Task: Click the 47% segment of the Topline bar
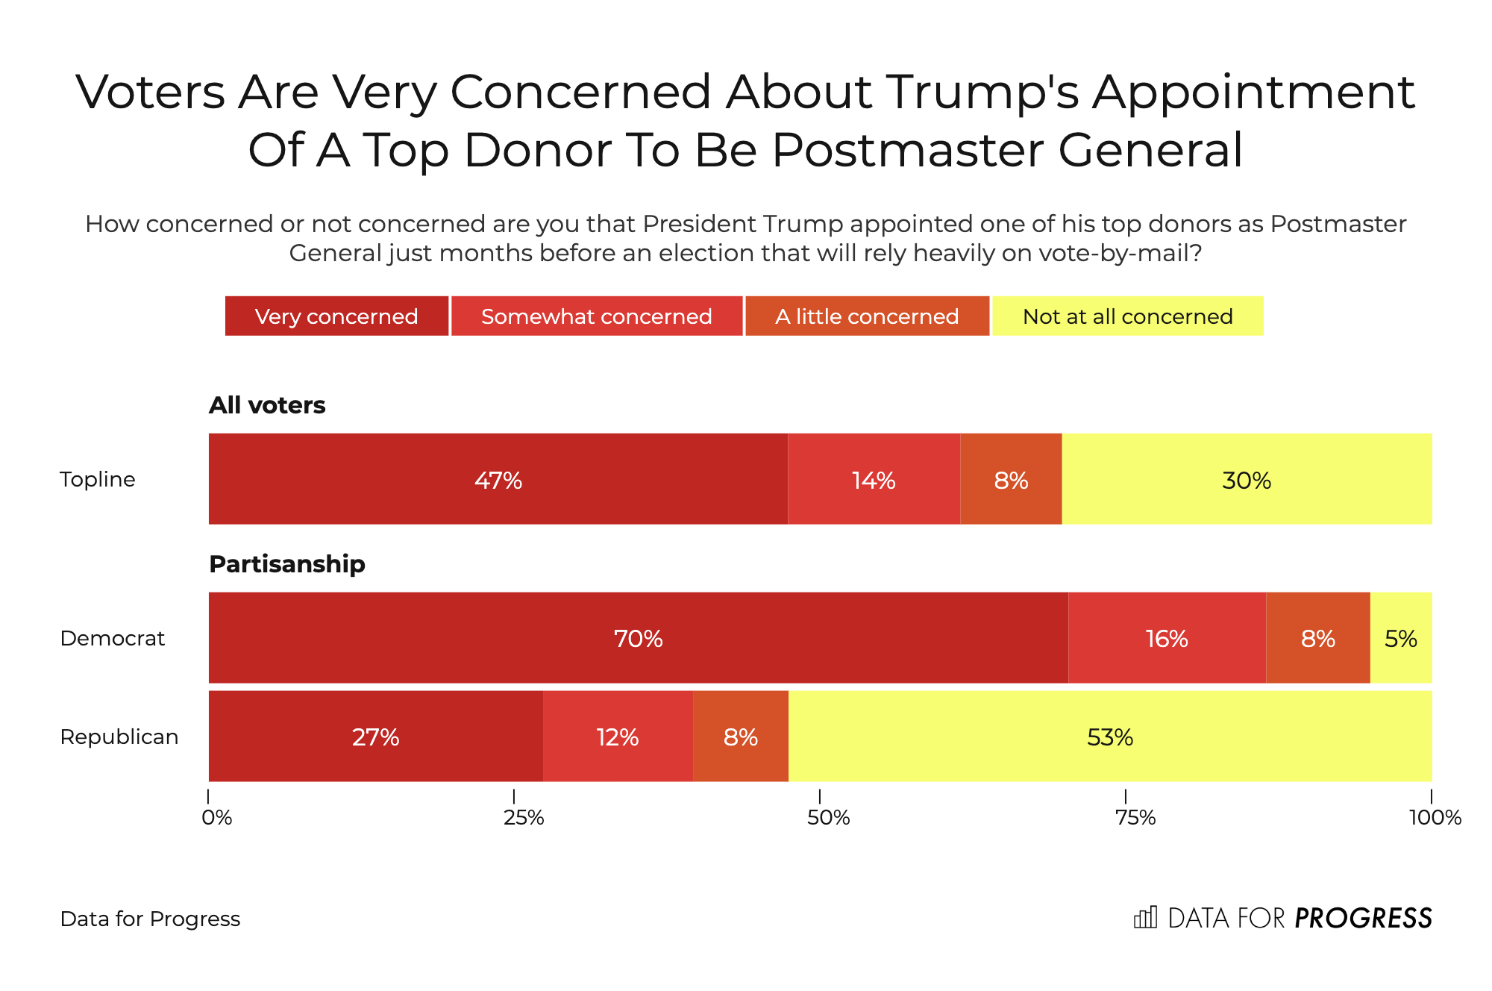[498, 479]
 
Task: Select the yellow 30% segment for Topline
[1247, 479]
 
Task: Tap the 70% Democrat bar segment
[638, 638]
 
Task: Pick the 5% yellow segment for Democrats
[1401, 638]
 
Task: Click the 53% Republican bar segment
[1110, 737]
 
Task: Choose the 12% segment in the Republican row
[618, 737]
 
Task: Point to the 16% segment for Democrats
[1167, 638]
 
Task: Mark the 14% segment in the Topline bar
[874, 479]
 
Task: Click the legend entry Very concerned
[336, 316]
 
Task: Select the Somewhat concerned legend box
[597, 316]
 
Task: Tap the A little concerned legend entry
[867, 316]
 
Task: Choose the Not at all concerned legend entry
[1127, 316]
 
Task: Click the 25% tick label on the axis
[524, 818]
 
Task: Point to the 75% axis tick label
[1135, 818]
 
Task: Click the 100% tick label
[1435, 818]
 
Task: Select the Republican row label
[119, 737]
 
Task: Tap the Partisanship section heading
[287, 564]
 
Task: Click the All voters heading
[267, 405]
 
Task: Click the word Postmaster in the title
[907, 150]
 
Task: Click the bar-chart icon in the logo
[1145, 917]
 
